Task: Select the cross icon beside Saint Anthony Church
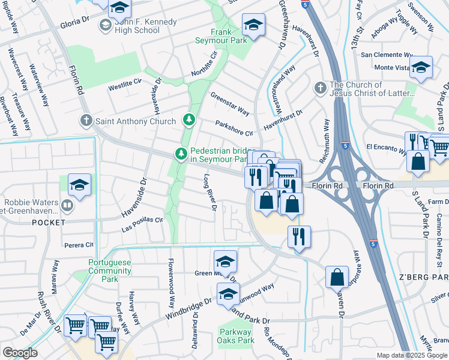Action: (x=86, y=121)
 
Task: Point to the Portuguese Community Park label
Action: (x=109, y=267)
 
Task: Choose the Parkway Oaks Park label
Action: (x=234, y=336)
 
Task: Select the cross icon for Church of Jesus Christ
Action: (x=321, y=89)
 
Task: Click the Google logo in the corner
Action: (x=20, y=352)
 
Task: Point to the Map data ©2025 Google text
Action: (x=412, y=355)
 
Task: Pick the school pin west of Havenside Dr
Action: (x=79, y=185)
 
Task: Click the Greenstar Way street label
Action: (x=230, y=104)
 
